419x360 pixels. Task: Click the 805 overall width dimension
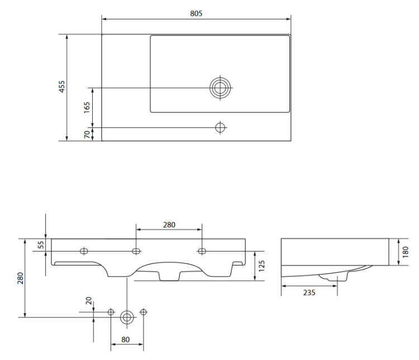click(x=196, y=13)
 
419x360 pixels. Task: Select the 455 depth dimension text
click(x=62, y=86)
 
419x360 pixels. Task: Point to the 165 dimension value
click(x=87, y=107)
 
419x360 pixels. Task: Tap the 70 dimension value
click(x=87, y=134)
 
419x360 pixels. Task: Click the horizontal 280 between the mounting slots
click(x=169, y=225)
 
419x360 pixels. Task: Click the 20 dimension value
click(x=88, y=300)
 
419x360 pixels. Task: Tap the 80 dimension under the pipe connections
click(x=126, y=339)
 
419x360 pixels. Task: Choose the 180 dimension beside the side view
click(x=405, y=252)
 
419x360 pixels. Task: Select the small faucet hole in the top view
click(x=220, y=127)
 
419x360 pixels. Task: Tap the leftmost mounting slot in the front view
click(x=85, y=250)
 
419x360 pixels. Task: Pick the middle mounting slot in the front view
click(x=136, y=250)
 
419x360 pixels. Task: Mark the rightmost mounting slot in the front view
click(x=202, y=250)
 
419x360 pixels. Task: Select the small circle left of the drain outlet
click(x=111, y=311)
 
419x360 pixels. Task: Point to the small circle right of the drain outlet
click(x=144, y=311)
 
